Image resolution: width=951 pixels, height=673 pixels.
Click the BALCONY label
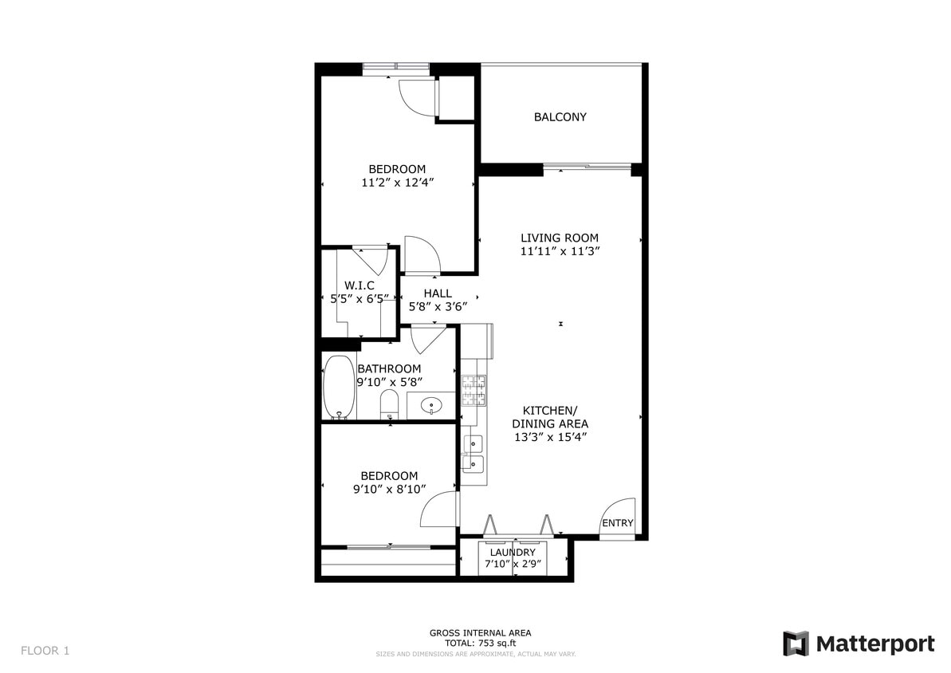pyautogui.click(x=560, y=117)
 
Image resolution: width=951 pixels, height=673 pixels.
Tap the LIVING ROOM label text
pyautogui.click(x=559, y=238)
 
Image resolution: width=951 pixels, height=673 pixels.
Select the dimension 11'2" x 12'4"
pyautogui.click(x=397, y=182)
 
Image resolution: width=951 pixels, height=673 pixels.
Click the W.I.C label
pyautogui.click(x=359, y=285)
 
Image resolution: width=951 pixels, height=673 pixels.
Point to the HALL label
pyautogui.click(x=438, y=293)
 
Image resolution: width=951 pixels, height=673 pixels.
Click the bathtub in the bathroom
pyautogui.click(x=339, y=387)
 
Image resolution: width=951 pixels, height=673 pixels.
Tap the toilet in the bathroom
pyautogui.click(x=389, y=403)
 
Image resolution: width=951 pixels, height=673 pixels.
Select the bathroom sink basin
pyautogui.click(x=431, y=405)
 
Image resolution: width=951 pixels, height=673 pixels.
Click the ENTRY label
pyautogui.click(x=617, y=523)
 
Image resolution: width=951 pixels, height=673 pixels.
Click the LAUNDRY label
pyautogui.click(x=513, y=553)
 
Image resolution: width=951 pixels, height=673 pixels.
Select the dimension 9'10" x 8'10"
pyautogui.click(x=390, y=490)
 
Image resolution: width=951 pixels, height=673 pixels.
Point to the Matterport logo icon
pyautogui.click(x=796, y=643)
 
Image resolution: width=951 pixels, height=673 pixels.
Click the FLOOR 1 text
pyautogui.click(x=45, y=651)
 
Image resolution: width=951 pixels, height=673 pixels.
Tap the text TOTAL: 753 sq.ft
pyautogui.click(x=480, y=643)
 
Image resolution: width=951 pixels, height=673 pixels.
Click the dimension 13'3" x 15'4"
pyautogui.click(x=550, y=437)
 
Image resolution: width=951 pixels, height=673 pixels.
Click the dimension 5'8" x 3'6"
pyautogui.click(x=438, y=305)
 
